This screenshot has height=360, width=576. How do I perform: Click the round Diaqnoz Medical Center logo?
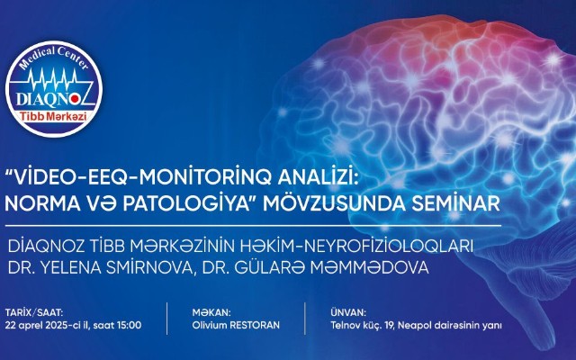coord(54,89)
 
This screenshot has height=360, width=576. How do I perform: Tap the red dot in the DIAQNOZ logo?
coord(75,98)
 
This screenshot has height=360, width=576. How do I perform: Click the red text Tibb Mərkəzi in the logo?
coord(54,117)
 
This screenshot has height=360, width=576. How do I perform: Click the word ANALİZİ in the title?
coord(318,179)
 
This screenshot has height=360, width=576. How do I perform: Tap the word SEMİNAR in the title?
coord(456,204)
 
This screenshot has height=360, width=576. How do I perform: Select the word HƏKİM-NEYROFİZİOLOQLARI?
coord(356,247)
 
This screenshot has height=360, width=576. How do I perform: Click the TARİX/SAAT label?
coord(34,313)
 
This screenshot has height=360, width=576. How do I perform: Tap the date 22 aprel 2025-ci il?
coord(48,326)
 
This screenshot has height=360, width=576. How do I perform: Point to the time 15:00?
coord(129,326)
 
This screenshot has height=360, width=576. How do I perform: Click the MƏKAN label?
coord(211,313)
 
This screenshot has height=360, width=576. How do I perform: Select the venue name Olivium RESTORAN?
coord(236,326)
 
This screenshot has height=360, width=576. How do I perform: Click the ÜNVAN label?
coord(348,313)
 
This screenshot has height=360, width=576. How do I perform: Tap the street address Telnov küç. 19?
coord(362,326)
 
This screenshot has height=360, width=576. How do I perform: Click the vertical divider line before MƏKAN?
coord(167,319)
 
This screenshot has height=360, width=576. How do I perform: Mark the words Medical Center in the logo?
coord(54,57)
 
